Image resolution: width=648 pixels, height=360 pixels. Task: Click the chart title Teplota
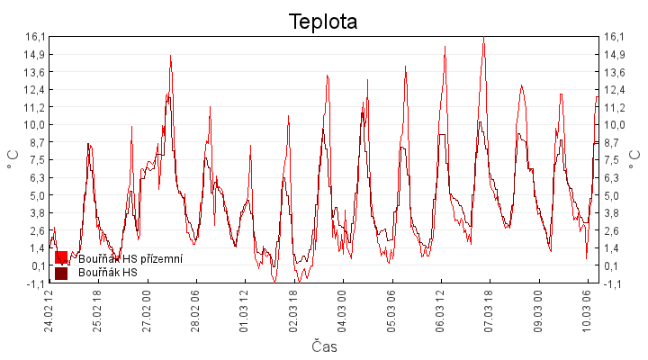point(323,22)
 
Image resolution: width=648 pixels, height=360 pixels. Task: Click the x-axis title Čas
point(324,346)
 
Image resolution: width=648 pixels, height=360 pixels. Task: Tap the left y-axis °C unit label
point(13,159)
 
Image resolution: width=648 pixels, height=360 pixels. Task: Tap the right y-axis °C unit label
point(635,159)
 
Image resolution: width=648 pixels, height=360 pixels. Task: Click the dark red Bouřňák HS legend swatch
point(61,273)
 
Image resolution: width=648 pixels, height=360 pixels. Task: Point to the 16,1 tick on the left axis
point(35,37)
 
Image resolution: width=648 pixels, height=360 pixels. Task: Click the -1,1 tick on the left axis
point(35,283)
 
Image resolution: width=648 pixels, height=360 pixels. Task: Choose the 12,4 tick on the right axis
point(614,89)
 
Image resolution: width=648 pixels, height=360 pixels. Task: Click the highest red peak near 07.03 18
point(483,38)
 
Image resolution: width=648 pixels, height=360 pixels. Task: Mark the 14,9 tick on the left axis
point(35,54)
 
